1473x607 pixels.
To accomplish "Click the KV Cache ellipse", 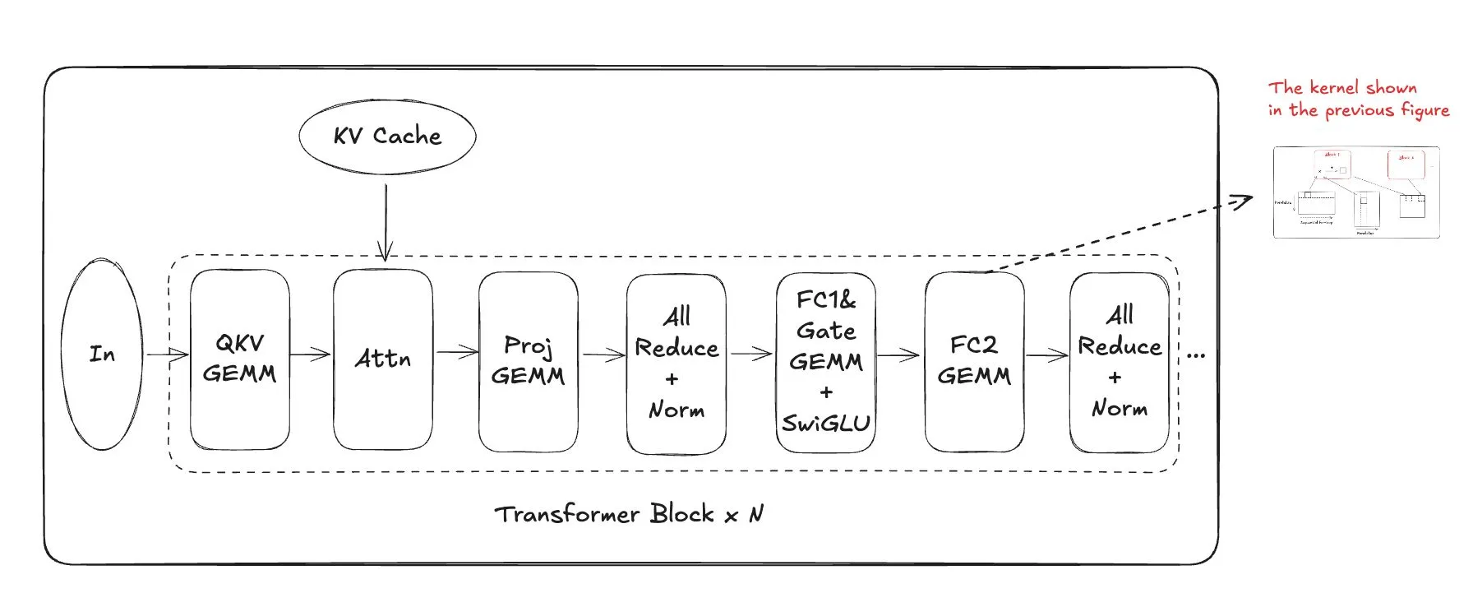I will [387, 137].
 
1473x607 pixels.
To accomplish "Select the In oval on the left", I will [102, 354].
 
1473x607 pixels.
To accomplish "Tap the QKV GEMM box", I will [239, 359].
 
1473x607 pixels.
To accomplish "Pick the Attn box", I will [382, 359].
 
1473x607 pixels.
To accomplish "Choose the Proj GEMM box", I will [528, 361].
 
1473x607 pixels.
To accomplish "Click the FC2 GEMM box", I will [974, 361].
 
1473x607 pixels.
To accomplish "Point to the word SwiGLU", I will [826, 424].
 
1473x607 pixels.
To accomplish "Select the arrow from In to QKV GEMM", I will [167, 354].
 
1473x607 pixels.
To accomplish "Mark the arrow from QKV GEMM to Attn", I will [311, 354].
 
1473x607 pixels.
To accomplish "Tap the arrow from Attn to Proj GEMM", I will [456, 353].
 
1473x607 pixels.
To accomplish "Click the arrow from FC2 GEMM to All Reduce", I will [1046, 355].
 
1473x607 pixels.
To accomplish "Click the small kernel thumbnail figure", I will [1356, 192].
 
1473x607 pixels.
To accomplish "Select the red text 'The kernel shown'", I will [1342, 87].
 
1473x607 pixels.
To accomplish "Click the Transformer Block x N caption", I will [629, 515].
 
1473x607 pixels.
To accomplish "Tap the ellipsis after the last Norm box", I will [1196, 355].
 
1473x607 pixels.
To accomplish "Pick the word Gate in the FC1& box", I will [826, 331].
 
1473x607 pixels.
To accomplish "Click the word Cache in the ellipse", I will [407, 136].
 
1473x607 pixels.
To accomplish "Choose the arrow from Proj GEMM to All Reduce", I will [603, 355].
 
